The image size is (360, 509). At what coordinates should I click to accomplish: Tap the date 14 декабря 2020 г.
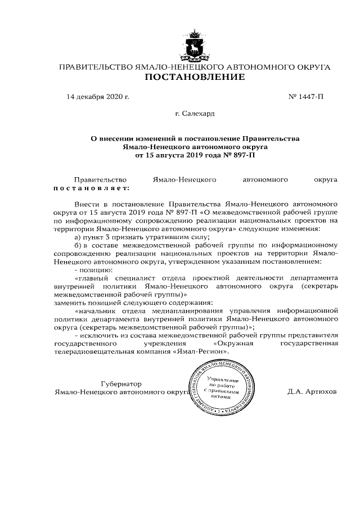pos(98,97)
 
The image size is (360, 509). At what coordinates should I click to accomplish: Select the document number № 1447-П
pos(306,97)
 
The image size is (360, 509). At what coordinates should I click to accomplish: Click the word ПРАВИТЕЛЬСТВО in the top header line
pos(95,67)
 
